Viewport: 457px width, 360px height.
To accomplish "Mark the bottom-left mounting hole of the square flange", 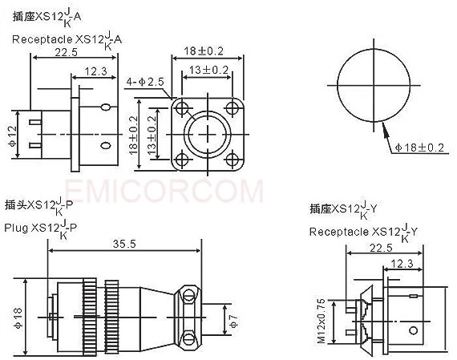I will tap(182, 156).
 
